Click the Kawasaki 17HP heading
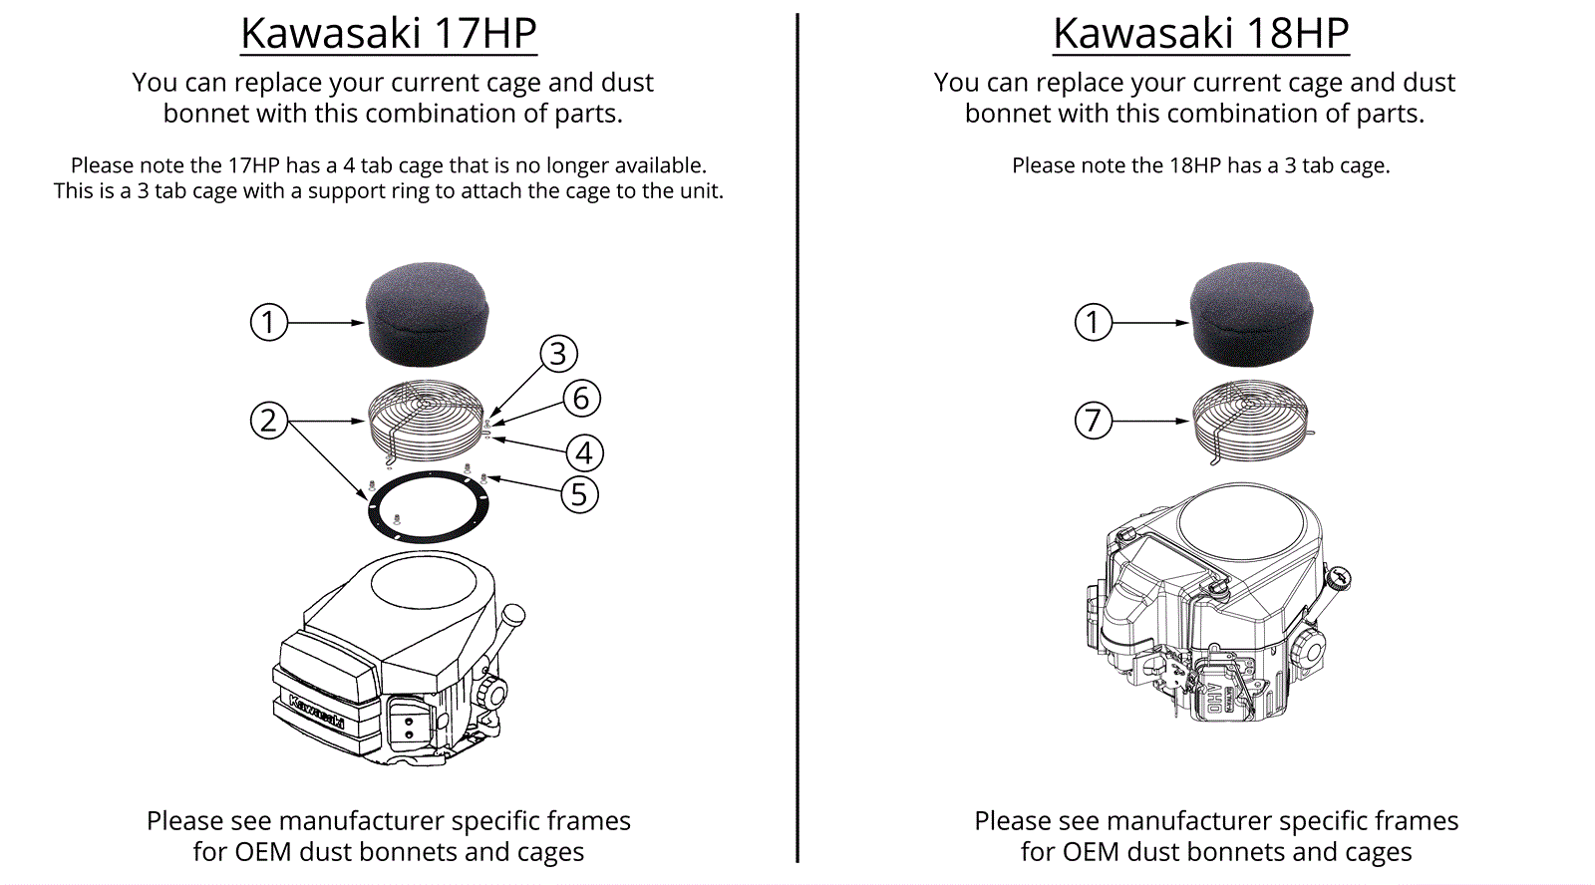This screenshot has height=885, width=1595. (x=389, y=34)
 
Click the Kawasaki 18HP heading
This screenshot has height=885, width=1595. (x=1200, y=34)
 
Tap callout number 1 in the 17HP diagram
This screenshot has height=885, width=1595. (x=268, y=323)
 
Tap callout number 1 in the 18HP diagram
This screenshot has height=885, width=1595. (x=1094, y=323)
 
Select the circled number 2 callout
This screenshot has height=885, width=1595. (x=268, y=421)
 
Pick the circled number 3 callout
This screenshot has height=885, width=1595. (x=558, y=354)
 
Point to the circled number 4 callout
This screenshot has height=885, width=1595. (x=584, y=453)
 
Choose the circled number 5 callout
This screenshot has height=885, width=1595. (x=579, y=494)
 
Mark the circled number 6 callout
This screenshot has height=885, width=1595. (x=581, y=399)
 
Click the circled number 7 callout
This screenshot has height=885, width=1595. (x=1094, y=421)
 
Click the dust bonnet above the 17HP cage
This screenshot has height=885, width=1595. (x=428, y=314)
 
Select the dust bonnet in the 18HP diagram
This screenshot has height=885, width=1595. (x=1252, y=314)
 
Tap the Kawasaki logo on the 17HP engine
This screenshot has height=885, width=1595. (x=317, y=710)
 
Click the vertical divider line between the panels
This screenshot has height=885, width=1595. (x=797, y=439)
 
